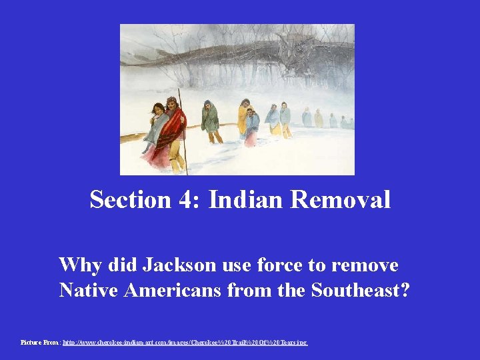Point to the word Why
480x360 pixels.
click(77, 265)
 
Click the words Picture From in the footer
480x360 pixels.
click(40, 342)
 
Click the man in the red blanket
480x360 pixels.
click(174, 130)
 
